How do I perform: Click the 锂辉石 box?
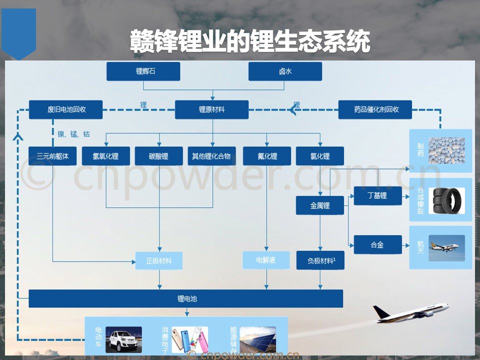click(x=143, y=71)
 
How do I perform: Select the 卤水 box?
click(x=285, y=71)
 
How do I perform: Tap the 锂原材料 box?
click(x=211, y=109)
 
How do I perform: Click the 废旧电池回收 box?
click(x=65, y=109)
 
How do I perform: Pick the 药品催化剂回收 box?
click(x=375, y=109)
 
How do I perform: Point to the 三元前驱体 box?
click(x=52, y=156)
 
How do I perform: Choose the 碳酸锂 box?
click(x=158, y=156)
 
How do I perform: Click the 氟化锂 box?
click(x=266, y=156)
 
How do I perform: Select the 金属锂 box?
click(x=320, y=205)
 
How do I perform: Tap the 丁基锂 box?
click(x=377, y=195)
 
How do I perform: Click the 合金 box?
click(x=377, y=245)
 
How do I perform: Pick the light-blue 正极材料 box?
click(x=159, y=260)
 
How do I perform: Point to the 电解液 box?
click(x=266, y=260)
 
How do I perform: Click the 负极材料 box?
click(x=320, y=260)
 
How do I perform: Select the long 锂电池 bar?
click(x=185, y=298)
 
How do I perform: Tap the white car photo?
click(x=123, y=339)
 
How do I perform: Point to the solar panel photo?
click(x=257, y=339)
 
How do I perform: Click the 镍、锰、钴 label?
click(x=73, y=134)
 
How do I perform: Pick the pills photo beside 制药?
click(x=446, y=150)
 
